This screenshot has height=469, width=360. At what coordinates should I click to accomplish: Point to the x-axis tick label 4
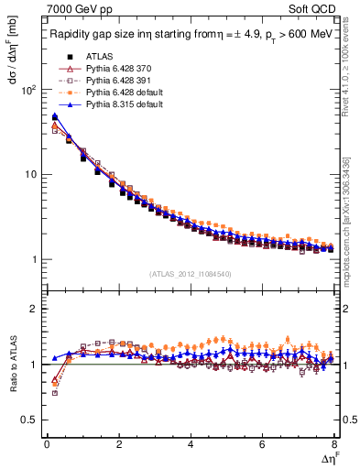tap(191, 443)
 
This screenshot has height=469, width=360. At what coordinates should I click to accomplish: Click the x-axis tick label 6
tap(263, 443)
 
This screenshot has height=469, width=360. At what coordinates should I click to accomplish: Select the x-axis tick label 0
tap(47, 443)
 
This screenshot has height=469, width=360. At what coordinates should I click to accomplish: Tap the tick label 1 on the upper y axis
tap(33, 259)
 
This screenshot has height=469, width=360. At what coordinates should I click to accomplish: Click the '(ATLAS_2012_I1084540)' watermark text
tap(190, 273)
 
